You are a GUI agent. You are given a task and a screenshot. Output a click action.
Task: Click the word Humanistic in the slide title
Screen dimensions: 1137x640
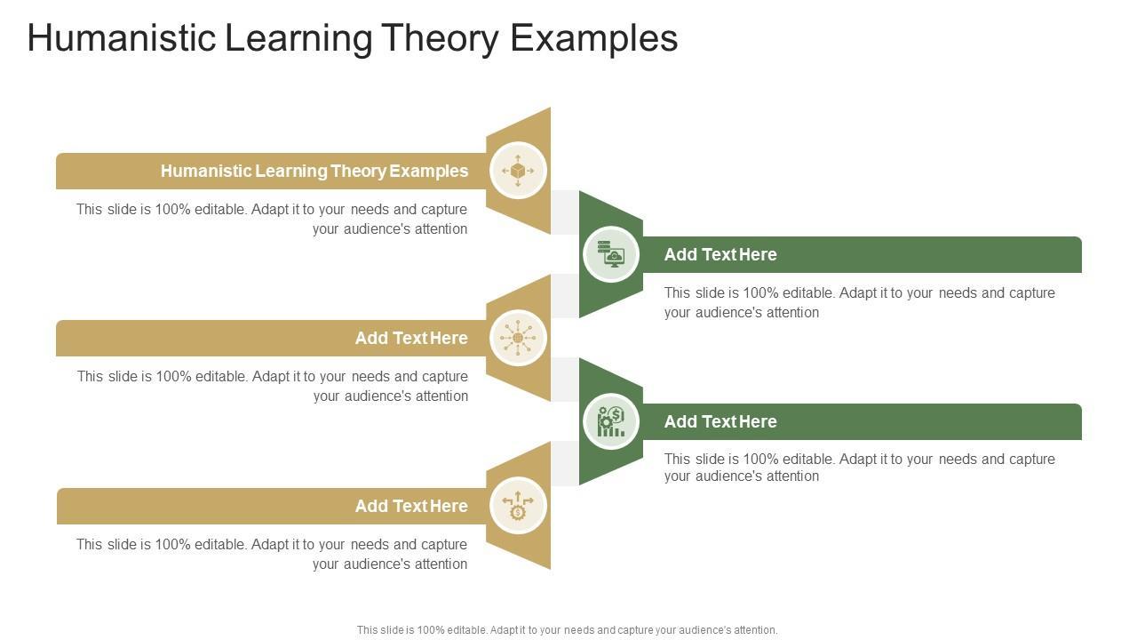[x=118, y=39]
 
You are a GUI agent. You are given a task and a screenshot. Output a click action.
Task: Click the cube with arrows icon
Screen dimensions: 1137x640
[x=518, y=170]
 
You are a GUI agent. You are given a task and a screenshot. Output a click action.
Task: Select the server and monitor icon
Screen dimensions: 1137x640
[x=611, y=254]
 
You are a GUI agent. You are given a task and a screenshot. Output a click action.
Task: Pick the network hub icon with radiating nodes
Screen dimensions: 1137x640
[x=518, y=338]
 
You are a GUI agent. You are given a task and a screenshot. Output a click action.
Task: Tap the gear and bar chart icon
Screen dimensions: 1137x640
[x=611, y=421]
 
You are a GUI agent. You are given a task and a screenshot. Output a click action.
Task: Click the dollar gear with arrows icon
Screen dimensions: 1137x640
[x=518, y=506]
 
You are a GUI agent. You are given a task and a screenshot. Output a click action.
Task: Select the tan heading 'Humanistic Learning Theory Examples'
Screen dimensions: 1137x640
[x=314, y=171]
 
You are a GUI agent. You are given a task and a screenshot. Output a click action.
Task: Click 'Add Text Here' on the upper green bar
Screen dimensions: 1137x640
[x=720, y=254]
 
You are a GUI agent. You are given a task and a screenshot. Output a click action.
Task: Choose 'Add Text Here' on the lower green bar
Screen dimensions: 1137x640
[x=720, y=421]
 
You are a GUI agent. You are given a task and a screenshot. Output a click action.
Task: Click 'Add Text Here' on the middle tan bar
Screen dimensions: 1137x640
[x=411, y=338]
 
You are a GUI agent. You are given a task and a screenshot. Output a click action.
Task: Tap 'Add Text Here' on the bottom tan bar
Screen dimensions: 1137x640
[x=411, y=506]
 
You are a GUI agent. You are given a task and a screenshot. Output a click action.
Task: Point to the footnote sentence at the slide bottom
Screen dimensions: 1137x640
[x=567, y=629]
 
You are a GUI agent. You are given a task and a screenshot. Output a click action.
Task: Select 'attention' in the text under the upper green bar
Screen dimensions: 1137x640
[x=788, y=313]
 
